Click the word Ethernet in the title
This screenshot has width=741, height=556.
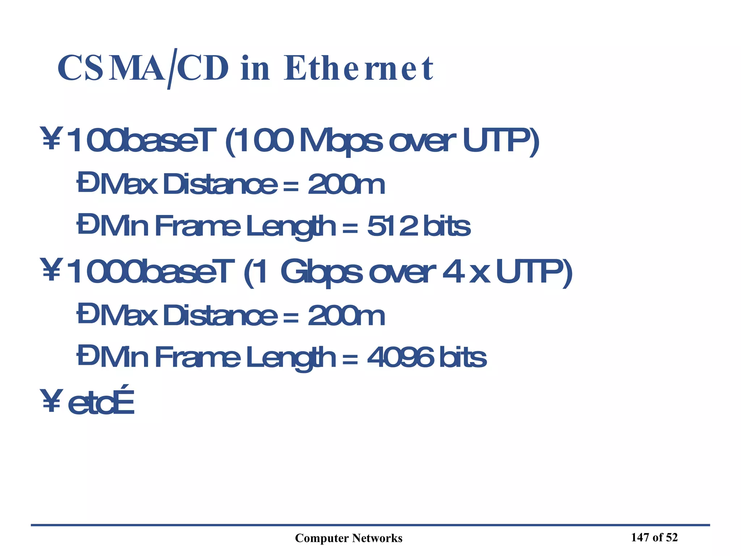point(358,69)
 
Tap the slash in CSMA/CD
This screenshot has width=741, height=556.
point(171,69)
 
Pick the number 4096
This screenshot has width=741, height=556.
point(401,357)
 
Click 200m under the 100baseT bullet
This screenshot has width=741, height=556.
point(346,184)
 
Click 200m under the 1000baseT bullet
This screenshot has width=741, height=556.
point(346,316)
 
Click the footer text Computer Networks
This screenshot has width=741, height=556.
point(348,538)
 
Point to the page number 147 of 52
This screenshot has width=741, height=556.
point(654,538)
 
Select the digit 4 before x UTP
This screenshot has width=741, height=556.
point(454,272)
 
